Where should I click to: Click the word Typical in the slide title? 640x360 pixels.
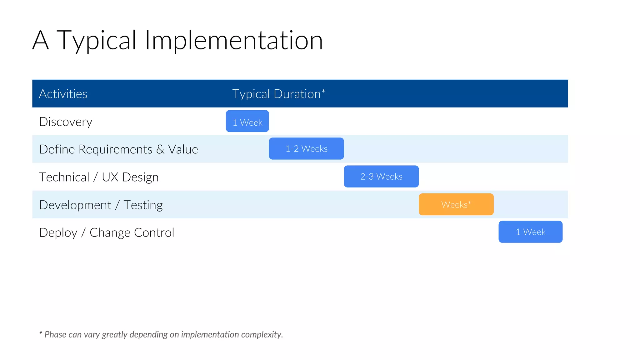tap(96, 41)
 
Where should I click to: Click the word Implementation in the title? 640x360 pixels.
tap(233, 41)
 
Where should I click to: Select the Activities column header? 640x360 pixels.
tap(63, 94)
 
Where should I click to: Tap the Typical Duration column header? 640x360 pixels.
tap(276, 94)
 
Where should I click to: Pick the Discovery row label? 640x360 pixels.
tap(66, 122)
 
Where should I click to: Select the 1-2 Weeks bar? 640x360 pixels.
tap(306, 149)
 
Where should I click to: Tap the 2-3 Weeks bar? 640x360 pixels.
tap(381, 177)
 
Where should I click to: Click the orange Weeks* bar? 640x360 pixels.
tap(456, 204)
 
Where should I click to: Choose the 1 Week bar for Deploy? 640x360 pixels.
tap(530, 232)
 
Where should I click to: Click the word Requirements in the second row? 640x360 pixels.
tap(115, 149)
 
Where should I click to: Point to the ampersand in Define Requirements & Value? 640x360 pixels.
tap(160, 149)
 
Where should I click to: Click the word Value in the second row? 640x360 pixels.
tap(183, 149)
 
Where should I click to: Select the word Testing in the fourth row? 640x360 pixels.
tap(143, 205)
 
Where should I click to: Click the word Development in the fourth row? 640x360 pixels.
tap(75, 205)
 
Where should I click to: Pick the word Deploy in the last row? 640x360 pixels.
tap(58, 233)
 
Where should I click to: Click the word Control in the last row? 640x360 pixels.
tap(154, 233)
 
